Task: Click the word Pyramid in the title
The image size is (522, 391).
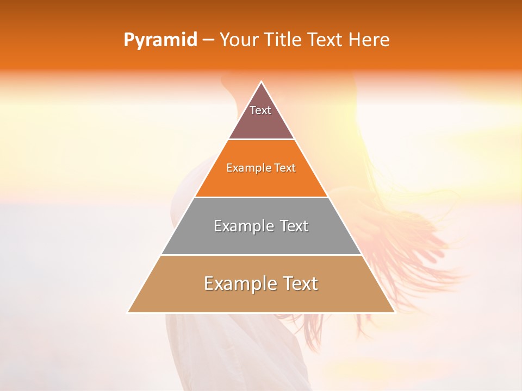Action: click(160, 40)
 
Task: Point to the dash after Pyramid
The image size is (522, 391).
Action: click(207, 40)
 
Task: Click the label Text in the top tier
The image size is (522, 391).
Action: click(260, 110)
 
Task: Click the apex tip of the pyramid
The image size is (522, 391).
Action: click(261, 83)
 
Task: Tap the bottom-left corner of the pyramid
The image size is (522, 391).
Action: click(129, 312)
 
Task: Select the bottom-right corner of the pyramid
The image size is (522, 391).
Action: click(394, 312)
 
